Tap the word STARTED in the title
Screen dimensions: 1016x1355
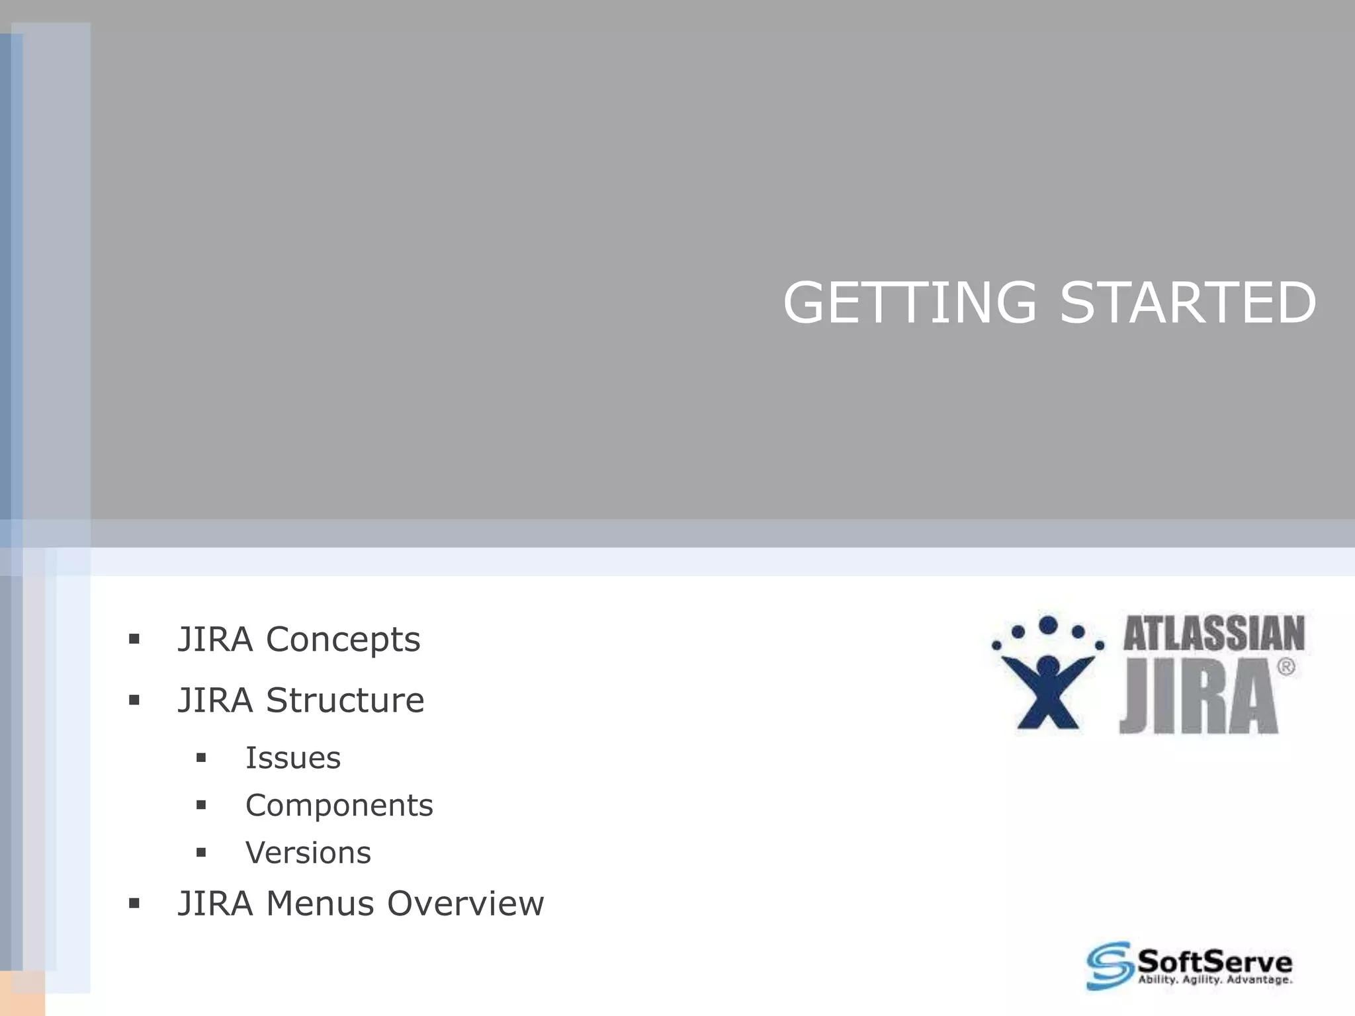[x=1188, y=303]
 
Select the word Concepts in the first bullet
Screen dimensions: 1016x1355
[x=343, y=640]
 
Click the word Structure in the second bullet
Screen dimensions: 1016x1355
[x=345, y=700]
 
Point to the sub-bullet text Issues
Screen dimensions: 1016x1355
[x=292, y=758]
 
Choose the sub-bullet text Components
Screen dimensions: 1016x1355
[x=339, y=806]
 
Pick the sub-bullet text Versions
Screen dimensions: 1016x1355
[x=308, y=853]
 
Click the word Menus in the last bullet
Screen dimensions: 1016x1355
[x=320, y=904]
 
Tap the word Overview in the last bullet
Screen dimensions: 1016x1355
[x=465, y=904]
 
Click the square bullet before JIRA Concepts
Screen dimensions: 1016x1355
[x=134, y=639]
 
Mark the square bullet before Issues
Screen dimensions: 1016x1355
[x=201, y=758]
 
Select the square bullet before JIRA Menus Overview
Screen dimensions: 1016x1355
[x=134, y=903]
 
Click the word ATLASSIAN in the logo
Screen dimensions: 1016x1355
[x=1213, y=634]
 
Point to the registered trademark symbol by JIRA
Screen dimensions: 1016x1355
[x=1286, y=667]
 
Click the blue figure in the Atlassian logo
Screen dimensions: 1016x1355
[x=1048, y=688]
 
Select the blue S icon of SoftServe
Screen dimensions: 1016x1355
[x=1108, y=966]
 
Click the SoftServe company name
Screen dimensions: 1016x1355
[x=1214, y=960]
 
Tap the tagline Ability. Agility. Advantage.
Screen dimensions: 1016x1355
[x=1214, y=980]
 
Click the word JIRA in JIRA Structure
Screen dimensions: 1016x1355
[x=215, y=700]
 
